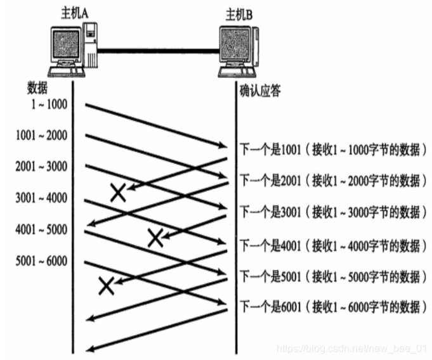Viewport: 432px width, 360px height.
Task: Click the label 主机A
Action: (72, 11)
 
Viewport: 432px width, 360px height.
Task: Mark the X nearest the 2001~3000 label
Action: (117, 192)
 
